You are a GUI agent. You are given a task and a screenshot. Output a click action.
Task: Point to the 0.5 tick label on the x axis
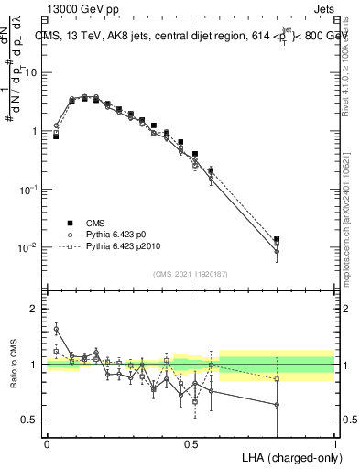[191, 443]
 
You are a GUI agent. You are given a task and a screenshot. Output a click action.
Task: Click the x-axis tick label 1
[335, 443]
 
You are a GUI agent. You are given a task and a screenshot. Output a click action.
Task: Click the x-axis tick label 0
[47, 443]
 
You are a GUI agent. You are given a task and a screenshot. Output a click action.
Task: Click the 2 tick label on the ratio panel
[37, 309]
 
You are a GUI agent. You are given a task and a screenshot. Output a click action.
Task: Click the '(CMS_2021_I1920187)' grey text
[191, 273]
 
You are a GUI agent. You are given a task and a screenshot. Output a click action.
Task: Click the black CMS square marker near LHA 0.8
[277, 239]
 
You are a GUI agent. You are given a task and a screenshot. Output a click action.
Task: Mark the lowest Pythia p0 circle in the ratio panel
[277, 404]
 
